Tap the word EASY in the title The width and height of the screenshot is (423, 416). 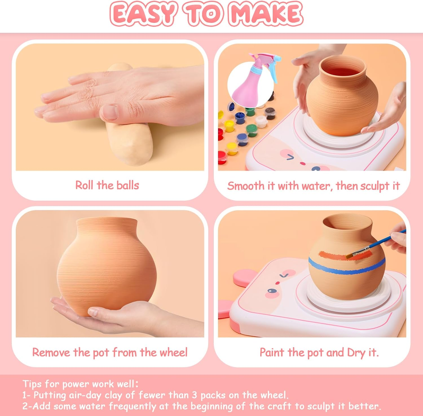click(x=142, y=13)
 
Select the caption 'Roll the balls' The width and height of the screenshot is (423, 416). click(x=107, y=185)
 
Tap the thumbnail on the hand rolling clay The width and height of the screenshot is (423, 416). click(x=110, y=111)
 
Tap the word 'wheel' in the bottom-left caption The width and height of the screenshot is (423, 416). click(x=173, y=353)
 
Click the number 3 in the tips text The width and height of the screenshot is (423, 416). click(x=194, y=395)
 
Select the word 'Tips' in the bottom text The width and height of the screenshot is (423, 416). click(x=32, y=384)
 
